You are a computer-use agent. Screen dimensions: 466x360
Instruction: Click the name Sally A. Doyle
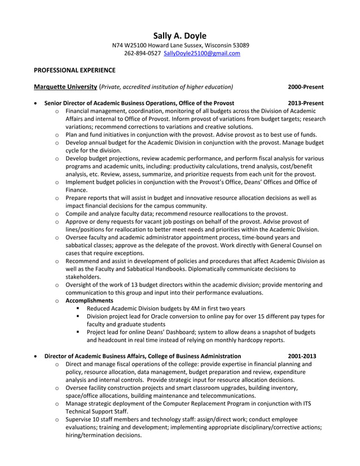(x=180, y=35)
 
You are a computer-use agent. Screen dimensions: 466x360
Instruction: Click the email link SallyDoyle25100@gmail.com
(x=201, y=54)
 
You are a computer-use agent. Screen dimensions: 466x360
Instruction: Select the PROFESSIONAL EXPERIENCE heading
(x=74, y=71)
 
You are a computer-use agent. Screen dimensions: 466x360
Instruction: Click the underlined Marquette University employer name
(x=65, y=87)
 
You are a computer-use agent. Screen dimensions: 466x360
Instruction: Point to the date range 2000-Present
(x=305, y=87)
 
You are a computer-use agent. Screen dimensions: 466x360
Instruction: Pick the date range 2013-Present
(x=305, y=104)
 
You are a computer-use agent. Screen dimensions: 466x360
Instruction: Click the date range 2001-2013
(x=302, y=356)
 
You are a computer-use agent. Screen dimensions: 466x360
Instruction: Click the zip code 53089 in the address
(x=240, y=45)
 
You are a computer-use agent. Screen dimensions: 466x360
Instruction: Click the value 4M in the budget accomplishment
(x=188, y=309)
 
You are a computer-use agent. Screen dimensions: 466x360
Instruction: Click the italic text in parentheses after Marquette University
(x=166, y=87)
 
